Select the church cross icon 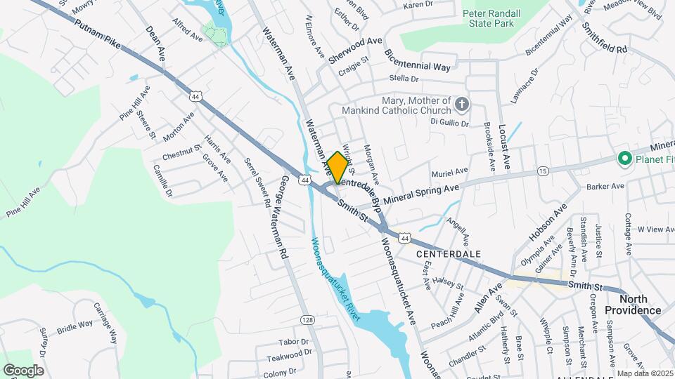point(461,105)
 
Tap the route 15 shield point(542,171)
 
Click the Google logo point(23,370)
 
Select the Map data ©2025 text point(644,373)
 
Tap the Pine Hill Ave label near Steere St point(135,104)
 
